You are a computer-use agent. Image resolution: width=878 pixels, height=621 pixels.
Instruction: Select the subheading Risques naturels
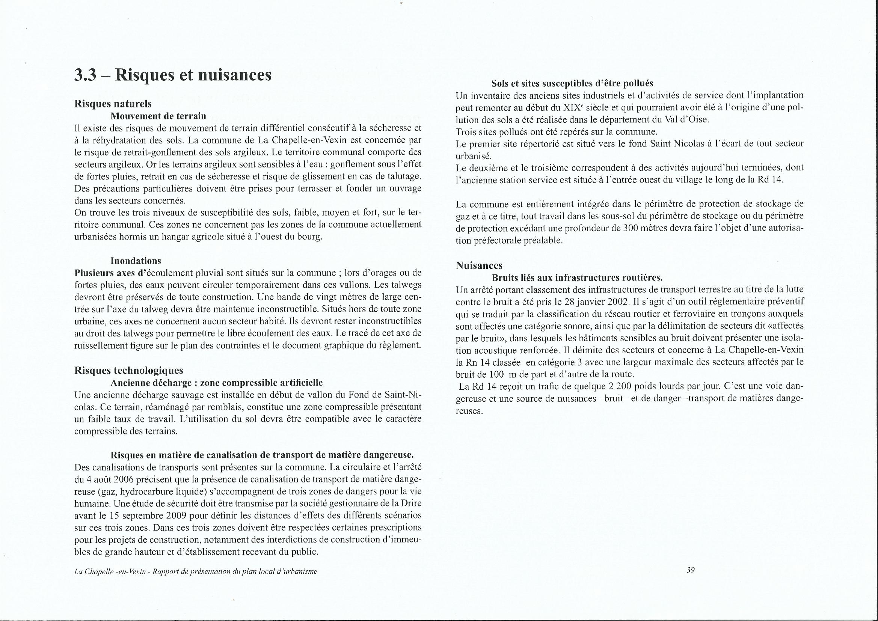(113, 104)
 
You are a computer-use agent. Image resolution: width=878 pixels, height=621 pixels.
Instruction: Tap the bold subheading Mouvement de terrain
(158, 116)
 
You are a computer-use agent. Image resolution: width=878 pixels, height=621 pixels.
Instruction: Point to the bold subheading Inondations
(136, 261)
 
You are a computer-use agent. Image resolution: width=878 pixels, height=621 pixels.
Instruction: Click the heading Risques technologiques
(129, 370)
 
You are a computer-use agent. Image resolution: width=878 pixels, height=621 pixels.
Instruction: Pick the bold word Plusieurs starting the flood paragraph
(92, 273)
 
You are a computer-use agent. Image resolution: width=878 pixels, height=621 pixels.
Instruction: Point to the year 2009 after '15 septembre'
(176, 515)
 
